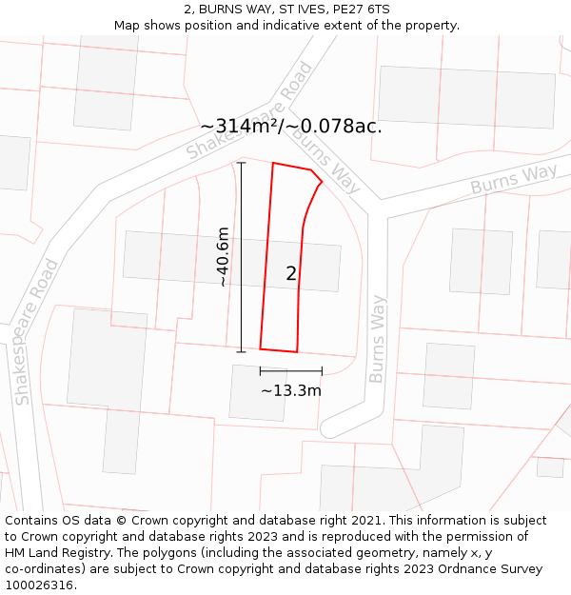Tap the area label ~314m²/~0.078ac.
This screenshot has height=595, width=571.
(291, 127)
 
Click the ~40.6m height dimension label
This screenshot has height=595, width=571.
(223, 257)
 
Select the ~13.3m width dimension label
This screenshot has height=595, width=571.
(291, 390)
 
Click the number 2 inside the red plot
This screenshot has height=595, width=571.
(291, 274)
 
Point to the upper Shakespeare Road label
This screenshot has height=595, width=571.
(249, 111)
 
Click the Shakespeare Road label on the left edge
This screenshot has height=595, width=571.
(37, 332)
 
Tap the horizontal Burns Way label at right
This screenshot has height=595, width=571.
(514, 179)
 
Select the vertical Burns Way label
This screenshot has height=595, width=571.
(378, 339)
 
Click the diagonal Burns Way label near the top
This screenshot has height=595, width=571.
(326, 158)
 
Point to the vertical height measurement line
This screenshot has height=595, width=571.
(242, 257)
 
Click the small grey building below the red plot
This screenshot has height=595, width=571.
(258, 392)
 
